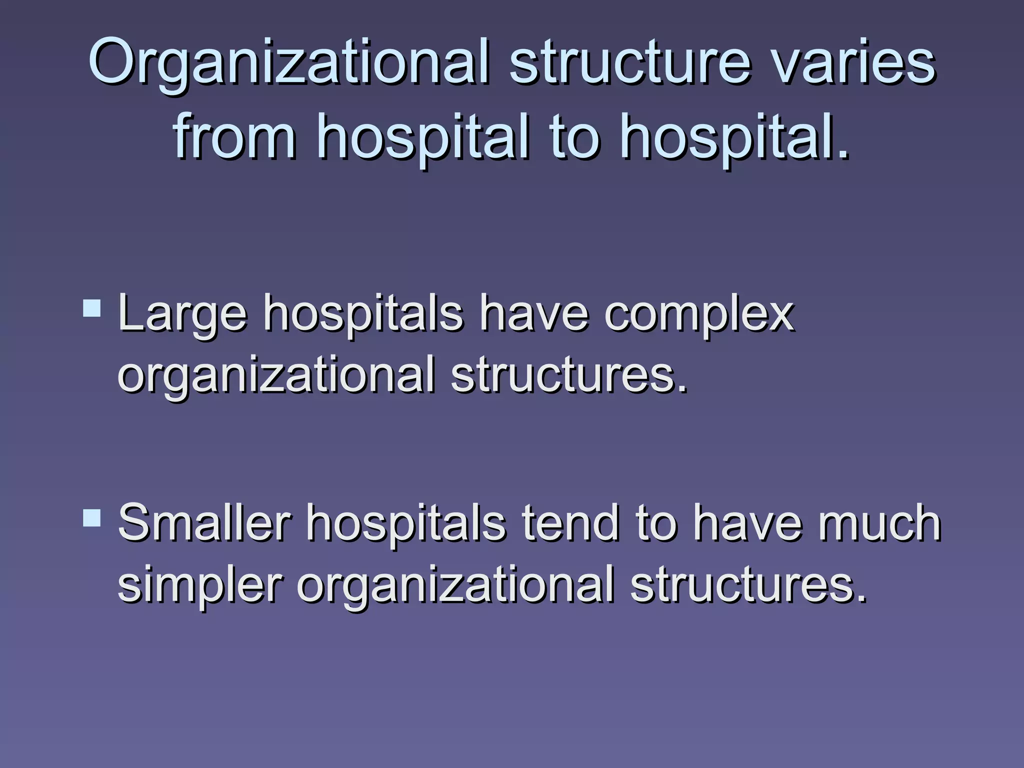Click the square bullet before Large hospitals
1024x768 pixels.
click(x=92, y=308)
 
